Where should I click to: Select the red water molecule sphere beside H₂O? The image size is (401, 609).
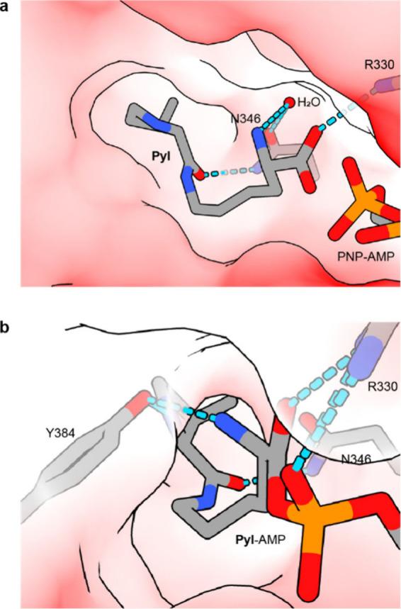coord(288,103)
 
